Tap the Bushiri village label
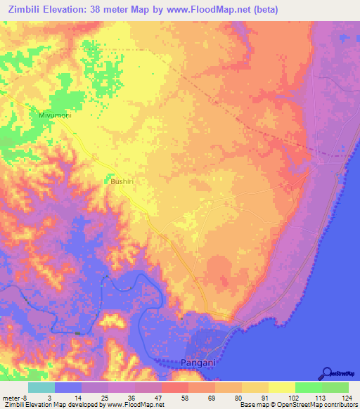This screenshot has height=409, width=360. coord(122,181)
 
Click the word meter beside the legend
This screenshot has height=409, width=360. coord(12,397)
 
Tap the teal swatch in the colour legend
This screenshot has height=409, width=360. coord(41,387)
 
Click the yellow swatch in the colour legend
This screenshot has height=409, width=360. coord(282,387)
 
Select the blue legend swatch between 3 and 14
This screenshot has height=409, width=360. coord(68,387)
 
